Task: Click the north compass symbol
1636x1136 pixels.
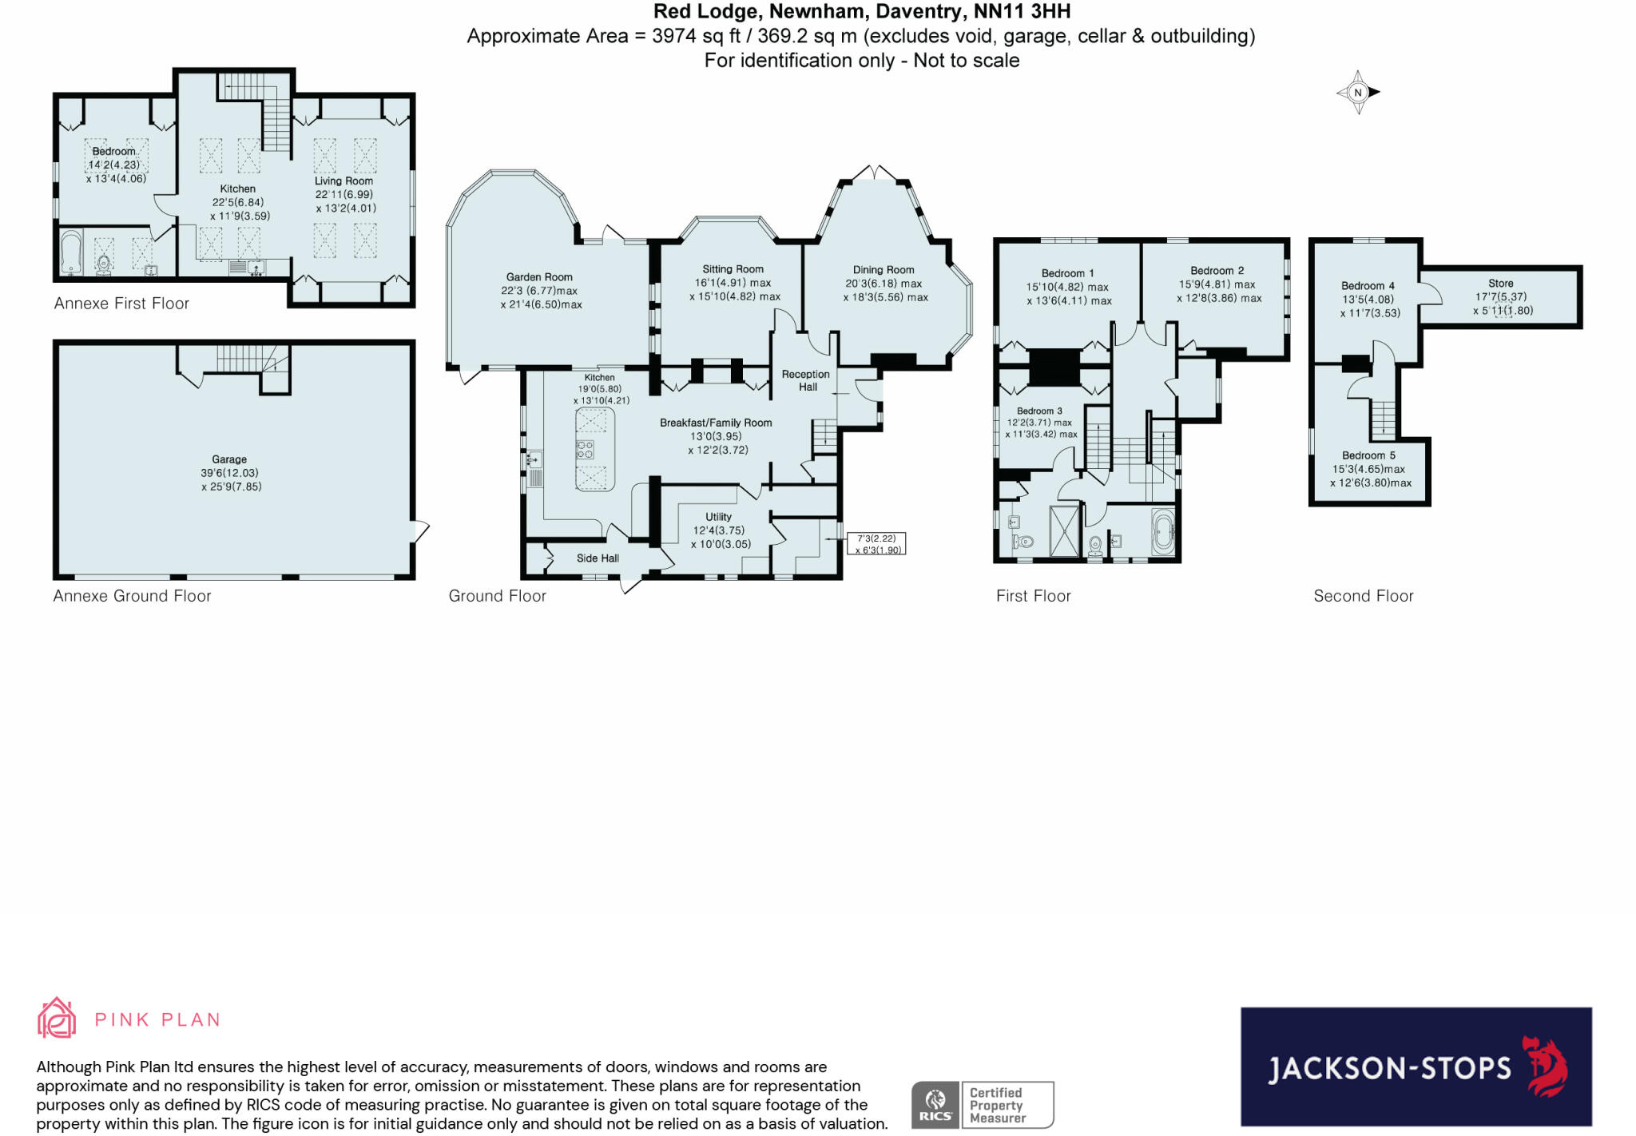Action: click(x=1358, y=93)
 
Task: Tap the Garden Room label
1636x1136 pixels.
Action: click(x=539, y=277)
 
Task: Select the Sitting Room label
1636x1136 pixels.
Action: click(x=733, y=269)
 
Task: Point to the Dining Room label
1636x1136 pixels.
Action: click(x=883, y=270)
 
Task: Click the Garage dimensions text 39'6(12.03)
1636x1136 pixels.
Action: click(x=229, y=473)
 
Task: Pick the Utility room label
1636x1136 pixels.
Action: click(x=718, y=517)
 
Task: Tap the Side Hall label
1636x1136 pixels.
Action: click(x=598, y=558)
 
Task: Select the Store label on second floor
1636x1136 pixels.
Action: click(x=1500, y=283)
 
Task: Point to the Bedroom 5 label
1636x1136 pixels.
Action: click(x=1368, y=455)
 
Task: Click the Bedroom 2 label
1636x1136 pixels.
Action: click(x=1217, y=271)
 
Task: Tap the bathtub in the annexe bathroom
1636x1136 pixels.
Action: click(x=71, y=251)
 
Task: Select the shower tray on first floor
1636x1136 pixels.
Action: click(x=1063, y=530)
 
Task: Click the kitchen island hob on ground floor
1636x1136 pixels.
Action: click(x=585, y=449)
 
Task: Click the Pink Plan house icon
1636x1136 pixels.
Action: click(x=57, y=1018)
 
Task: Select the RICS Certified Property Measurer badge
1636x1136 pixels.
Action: click(x=983, y=1105)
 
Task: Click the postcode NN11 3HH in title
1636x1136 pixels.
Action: click(x=1022, y=11)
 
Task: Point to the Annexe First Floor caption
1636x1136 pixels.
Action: click(x=121, y=304)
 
